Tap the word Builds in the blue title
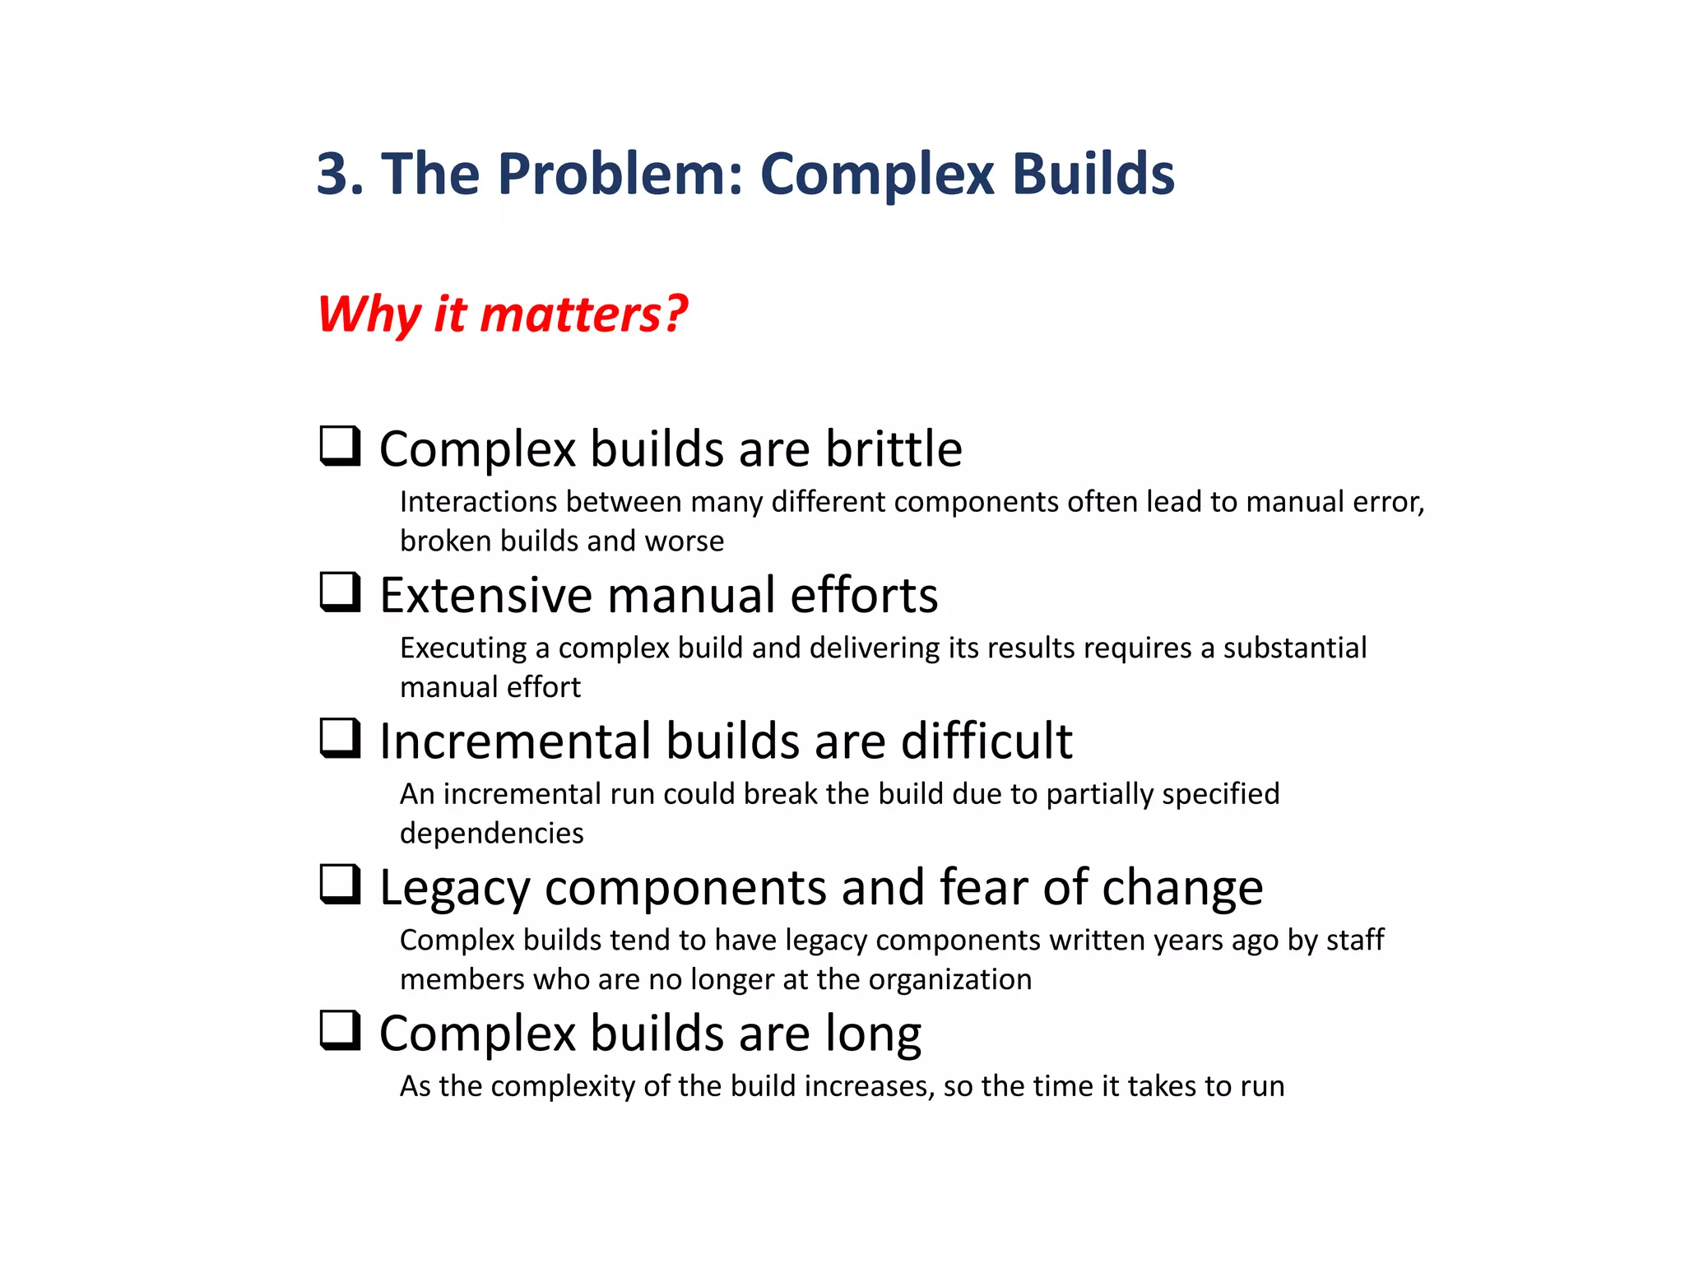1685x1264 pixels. (1093, 174)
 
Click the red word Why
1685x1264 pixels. (369, 314)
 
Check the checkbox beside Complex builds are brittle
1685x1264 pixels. (340, 446)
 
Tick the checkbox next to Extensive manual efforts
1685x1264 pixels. (340, 592)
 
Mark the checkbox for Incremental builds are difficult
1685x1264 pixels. (340, 738)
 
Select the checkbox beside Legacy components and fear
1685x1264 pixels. (340, 885)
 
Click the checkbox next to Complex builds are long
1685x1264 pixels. (340, 1031)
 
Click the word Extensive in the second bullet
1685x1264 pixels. (485, 595)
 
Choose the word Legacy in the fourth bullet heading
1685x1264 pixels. (454, 889)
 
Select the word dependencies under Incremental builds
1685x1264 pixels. (491, 834)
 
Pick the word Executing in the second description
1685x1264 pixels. (462, 648)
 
